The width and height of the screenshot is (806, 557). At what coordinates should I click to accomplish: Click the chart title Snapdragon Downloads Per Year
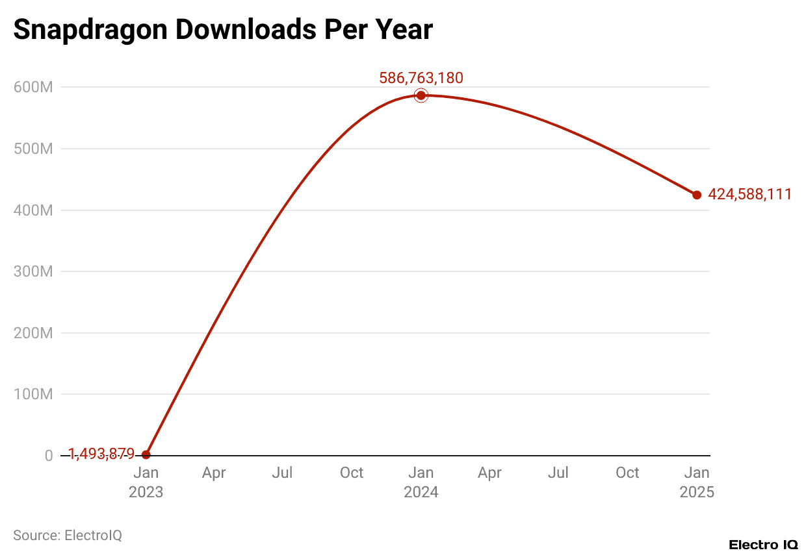[223, 29]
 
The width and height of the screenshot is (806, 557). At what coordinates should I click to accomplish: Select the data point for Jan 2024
[421, 95]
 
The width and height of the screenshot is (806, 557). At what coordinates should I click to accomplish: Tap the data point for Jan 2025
[697, 195]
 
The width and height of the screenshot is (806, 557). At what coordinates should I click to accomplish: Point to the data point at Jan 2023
[146, 454]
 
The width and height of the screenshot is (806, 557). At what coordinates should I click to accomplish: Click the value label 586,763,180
[421, 79]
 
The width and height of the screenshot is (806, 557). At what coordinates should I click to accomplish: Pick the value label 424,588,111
[749, 194]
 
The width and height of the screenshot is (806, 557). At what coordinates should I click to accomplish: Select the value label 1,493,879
[101, 454]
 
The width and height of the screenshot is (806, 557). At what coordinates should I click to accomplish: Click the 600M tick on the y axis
[33, 88]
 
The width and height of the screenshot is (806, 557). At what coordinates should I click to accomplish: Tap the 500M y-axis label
[33, 149]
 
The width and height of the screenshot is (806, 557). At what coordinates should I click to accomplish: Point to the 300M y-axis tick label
[33, 271]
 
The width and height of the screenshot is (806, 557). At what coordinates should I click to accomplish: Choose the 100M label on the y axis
[33, 394]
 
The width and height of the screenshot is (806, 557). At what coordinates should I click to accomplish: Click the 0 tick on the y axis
[49, 456]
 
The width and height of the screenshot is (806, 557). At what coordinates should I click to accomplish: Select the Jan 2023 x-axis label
[146, 482]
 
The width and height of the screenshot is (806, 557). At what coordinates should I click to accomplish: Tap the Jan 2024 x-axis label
[421, 482]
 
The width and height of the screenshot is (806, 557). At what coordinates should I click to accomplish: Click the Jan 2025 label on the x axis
[697, 482]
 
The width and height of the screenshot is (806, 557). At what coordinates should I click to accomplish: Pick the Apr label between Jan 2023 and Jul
[214, 473]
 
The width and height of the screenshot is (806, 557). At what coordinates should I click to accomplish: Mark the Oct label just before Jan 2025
[627, 473]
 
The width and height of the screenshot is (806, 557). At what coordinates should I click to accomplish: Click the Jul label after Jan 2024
[558, 473]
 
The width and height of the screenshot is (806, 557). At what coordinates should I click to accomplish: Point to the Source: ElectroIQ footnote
[68, 536]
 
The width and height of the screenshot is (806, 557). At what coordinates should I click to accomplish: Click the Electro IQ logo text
[763, 545]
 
